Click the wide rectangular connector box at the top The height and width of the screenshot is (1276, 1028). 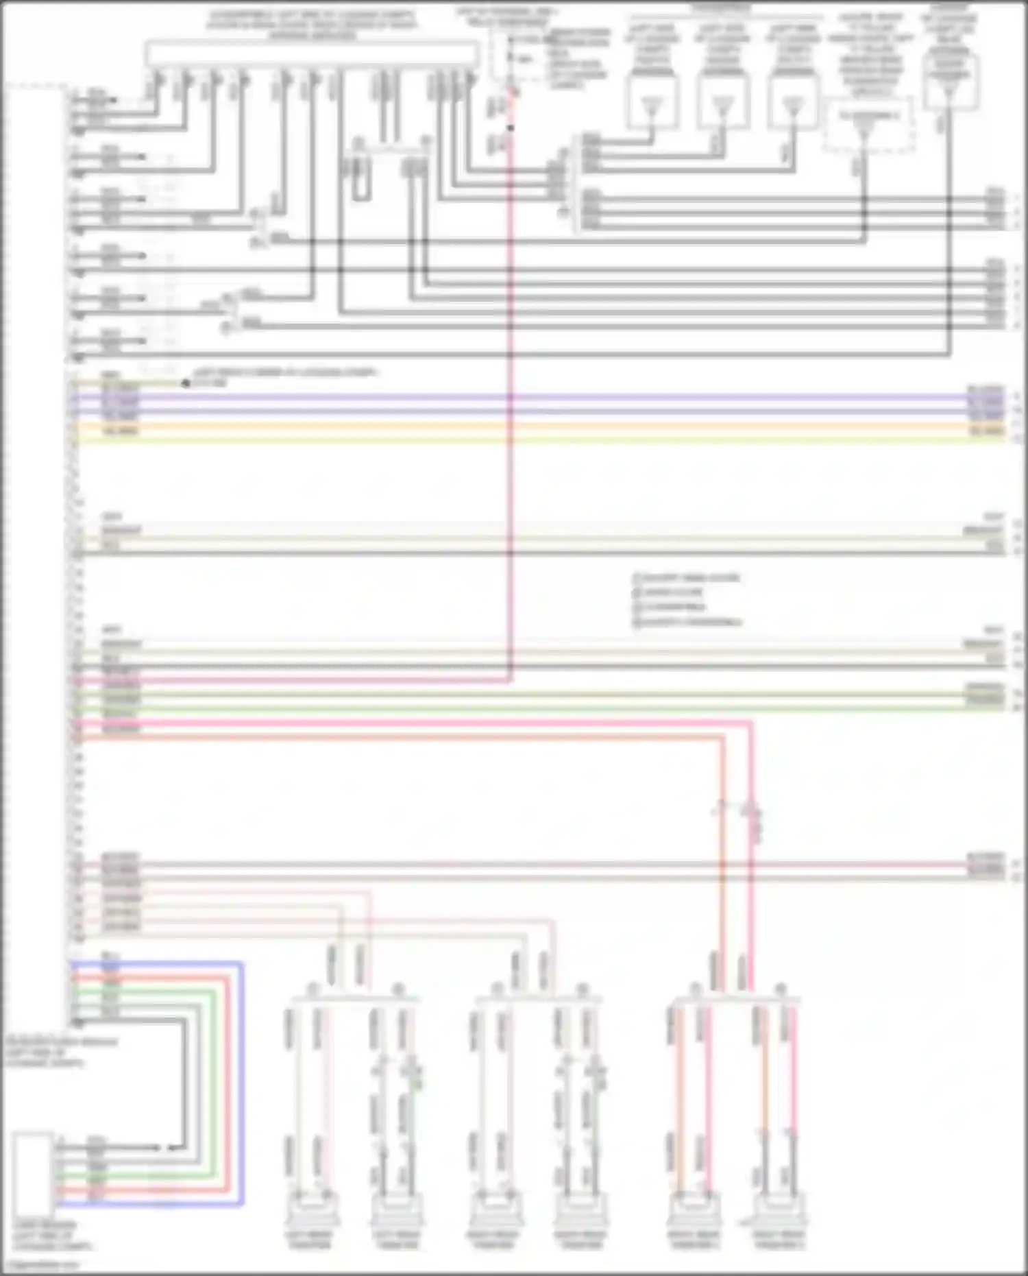[312, 53]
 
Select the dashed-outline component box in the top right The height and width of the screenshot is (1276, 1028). [869, 125]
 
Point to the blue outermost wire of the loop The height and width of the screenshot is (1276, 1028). [242, 1083]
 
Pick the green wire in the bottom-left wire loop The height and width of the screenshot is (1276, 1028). [214, 1083]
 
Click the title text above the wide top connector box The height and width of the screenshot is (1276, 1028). [312, 25]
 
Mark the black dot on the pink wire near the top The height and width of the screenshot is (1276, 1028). [510, 128]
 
